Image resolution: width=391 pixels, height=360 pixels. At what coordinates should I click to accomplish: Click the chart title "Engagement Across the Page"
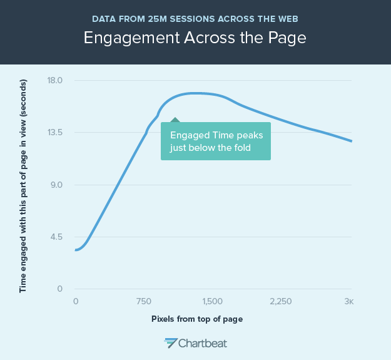coord(195,37)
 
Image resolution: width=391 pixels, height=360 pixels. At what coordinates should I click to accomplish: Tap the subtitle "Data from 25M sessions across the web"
coord(195,16)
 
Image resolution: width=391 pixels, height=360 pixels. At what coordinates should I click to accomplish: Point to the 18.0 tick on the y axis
coord(56,80)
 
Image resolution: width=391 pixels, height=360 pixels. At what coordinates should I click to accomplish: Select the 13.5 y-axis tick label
coord(56,133)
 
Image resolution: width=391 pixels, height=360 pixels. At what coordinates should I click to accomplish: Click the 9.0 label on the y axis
coord(56,185)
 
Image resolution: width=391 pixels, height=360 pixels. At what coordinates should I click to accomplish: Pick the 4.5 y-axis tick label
coord(56,237)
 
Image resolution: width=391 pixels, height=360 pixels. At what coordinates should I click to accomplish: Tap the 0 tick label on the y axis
coord(59,289)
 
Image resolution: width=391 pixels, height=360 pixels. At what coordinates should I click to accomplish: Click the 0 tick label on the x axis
coord(76,301)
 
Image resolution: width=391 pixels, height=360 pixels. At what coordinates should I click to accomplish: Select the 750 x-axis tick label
coord(144,301)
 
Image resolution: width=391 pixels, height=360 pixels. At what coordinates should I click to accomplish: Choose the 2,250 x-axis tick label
coord(281,301)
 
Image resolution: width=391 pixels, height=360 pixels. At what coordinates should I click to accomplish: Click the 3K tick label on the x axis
coord(349,301)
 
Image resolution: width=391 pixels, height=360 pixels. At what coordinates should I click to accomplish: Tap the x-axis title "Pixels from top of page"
coord(196,319)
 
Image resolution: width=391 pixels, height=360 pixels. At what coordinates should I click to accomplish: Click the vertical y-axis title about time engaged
coord(23,185)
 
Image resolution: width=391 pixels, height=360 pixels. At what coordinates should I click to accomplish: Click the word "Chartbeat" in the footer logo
coord(203,343)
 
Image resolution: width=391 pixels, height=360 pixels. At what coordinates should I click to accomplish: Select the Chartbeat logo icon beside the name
coord(170,342)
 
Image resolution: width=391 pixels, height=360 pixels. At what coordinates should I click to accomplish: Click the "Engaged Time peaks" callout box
coord(215,141)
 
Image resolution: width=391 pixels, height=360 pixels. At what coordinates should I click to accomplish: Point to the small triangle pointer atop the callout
coord(175,120)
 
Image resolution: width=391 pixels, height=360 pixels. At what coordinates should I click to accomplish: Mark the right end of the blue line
coord(352,141)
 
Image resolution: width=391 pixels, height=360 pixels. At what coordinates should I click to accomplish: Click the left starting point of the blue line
coord(76,250)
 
